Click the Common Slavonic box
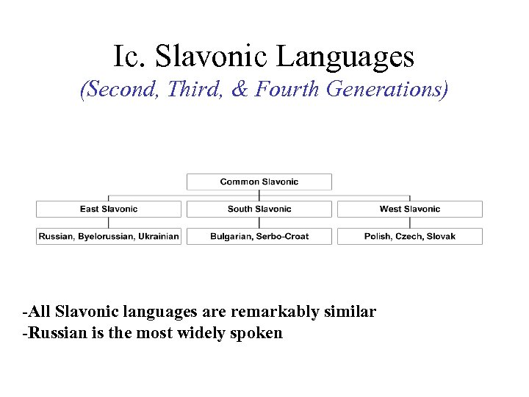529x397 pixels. [x=259, y=182]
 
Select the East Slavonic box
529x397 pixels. [x=109, y=209]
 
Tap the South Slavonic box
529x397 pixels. [x=259, y=209]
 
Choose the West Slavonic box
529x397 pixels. [x=410, y=209]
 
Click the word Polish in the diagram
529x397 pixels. [x=378, y=237]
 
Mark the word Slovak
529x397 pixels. [x=442, y=237]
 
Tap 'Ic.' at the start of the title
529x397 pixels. [x=127, y=56]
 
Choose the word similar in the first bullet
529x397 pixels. [x=350, y=312]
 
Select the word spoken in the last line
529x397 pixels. [x=257, y=333]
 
